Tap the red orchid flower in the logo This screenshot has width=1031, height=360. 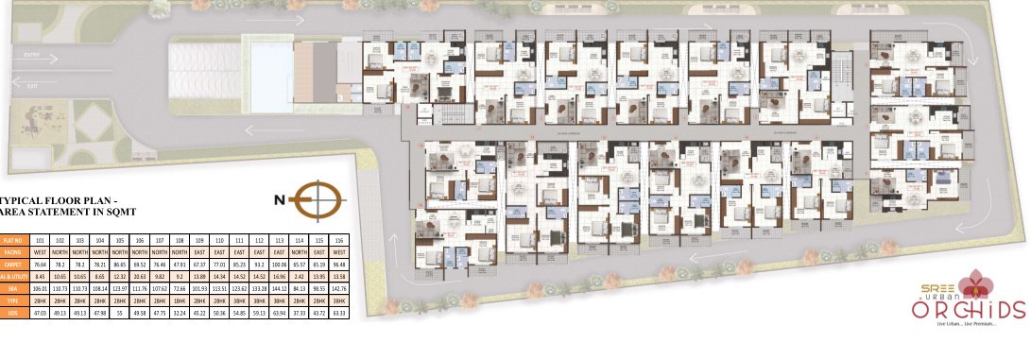[971, 282]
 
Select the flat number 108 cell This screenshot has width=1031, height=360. [180, 242]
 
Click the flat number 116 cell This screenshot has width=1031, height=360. [339, 242]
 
